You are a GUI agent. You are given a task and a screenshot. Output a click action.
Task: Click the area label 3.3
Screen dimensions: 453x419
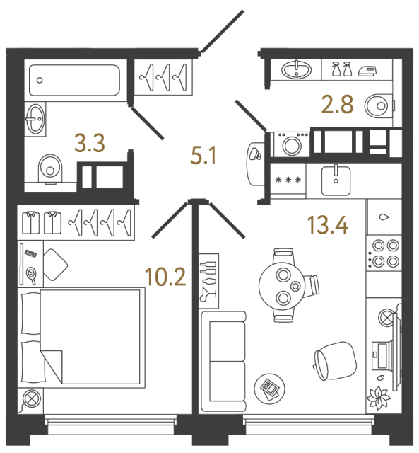point(90,144)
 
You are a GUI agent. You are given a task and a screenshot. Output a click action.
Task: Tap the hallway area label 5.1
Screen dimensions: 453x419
point(204,154)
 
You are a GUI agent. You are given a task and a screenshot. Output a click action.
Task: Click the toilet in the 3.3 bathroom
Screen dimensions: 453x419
point(49,168)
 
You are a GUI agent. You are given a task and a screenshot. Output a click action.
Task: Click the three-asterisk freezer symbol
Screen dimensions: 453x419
point(288,180)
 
